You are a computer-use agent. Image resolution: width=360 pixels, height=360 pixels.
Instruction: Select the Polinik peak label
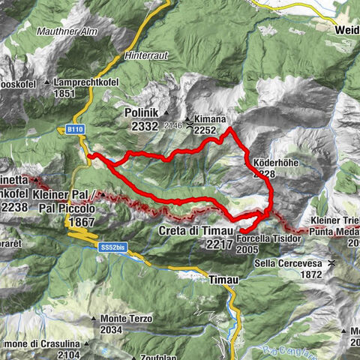click(x=143, y=113)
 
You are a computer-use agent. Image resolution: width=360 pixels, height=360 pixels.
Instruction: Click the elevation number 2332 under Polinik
click(x=145, y=127)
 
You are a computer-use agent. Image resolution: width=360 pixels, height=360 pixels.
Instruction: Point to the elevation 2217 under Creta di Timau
click(x=217, y=244)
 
